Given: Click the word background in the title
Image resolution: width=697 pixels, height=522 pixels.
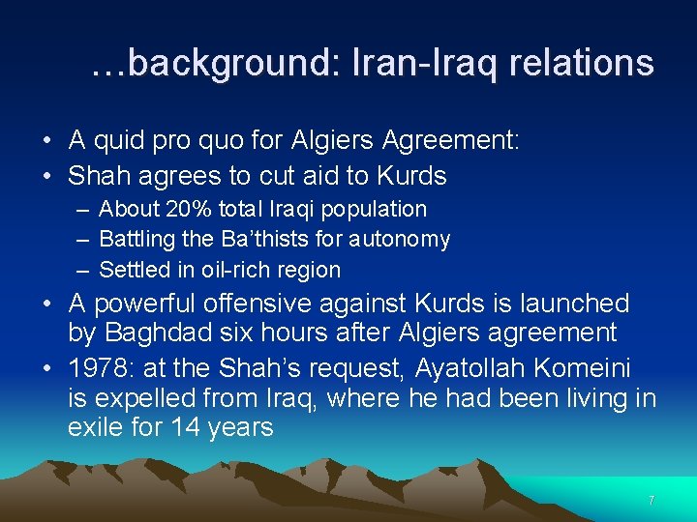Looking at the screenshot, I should (x=224, y=64).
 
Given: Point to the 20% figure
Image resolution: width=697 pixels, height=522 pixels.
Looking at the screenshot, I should (x=186, y=209).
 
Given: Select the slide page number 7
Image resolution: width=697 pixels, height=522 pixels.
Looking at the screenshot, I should (x=652, y=501).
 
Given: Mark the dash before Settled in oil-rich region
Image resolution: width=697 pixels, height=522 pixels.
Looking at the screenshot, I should (x=77, y=270).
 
